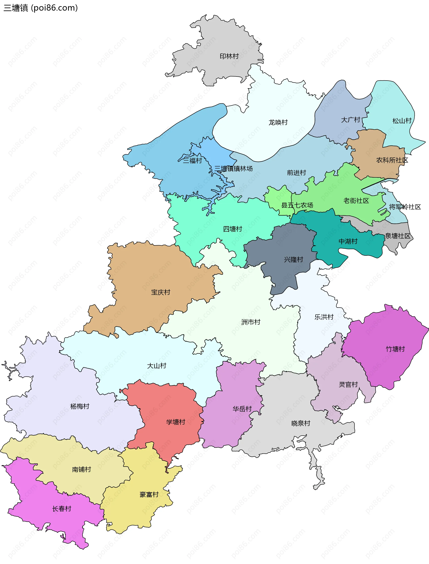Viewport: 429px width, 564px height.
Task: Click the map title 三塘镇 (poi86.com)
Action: pos(41,8)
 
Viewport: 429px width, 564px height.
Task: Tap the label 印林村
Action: pos(229,56)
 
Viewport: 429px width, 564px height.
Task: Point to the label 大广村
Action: pos(350,120)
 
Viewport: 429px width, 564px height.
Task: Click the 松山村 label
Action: pos(402,121)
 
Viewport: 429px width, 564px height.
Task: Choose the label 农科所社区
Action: pos(392,160)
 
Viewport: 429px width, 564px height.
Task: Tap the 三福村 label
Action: pos(192,161)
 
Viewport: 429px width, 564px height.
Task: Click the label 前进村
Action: pos(296,173)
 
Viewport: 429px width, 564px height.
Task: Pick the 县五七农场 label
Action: pos(297,205)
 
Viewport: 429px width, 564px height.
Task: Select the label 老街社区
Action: pos(356,201)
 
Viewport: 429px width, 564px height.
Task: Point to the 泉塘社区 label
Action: pos(397,236)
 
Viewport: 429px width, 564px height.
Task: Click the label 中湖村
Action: pos(348,241)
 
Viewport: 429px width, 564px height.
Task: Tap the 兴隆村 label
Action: pos(293,260)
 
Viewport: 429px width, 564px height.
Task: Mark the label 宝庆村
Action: pos(160,292)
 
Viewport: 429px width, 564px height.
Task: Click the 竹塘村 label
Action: pos(395,349)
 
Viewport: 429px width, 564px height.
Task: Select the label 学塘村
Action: pos(175,422)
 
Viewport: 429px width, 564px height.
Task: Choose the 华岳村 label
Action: pos(242,409)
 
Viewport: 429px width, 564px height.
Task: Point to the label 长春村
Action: pos(61,509)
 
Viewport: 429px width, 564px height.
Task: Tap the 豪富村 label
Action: pos(149,494)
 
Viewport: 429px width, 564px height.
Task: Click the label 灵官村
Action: pos(348,385)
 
